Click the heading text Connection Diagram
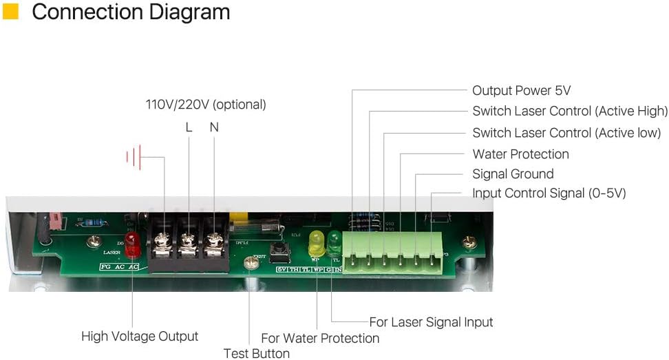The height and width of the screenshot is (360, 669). pos(131,12)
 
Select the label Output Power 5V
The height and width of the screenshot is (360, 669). pos(521,90)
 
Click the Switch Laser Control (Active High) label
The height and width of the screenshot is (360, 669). pos(569,111)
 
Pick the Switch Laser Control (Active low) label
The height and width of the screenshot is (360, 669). pos(566,132)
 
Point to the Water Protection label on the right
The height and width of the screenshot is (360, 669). pos(520,153)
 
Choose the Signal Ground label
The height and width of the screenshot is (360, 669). pos(513,173)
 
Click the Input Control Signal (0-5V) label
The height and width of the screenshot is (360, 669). pos(549,193)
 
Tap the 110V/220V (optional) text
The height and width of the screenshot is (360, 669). pos(205,105)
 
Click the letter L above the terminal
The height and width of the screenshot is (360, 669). pos(189,127)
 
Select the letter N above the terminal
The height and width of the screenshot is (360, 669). pos(213,127)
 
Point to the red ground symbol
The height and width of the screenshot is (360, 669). pos(134,157)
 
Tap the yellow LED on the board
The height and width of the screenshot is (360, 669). pos(317,241)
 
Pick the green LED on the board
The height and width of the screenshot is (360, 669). pos(334,241)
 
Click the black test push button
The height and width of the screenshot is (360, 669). pos(279,251)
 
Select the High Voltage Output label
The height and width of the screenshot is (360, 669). pos(140,336)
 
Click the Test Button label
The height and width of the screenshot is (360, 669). pos(256,353)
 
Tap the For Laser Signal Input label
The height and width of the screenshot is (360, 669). pos(431,321)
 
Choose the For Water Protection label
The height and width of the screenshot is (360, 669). pos(320,338)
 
